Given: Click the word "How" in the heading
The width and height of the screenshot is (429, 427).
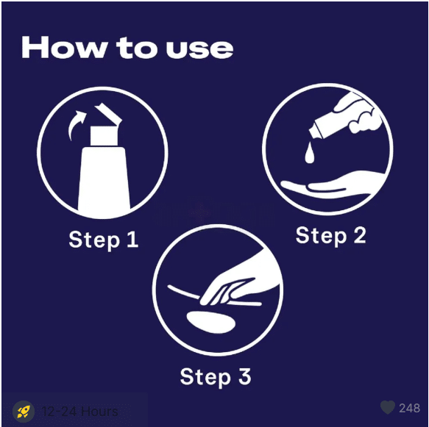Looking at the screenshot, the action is [63, 47].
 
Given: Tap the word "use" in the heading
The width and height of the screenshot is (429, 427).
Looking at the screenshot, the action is [199, 49].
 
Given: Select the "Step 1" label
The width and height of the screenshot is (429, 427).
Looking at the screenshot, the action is [104, 240].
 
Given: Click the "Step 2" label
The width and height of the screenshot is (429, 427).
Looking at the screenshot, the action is [330, 235].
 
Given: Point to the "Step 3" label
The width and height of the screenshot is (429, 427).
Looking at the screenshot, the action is [216, 376].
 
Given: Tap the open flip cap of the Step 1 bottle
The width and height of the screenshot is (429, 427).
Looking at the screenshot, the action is [108, 113].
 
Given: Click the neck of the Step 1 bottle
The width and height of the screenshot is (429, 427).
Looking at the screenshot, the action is [104, 135].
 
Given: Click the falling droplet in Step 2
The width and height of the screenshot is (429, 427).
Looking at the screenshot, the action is [310, 153].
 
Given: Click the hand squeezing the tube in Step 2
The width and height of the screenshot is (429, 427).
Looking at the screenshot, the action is [358, 112].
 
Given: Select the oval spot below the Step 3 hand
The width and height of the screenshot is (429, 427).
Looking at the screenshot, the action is [210, 322].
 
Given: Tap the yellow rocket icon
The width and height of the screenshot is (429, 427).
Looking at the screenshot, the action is [24, 411].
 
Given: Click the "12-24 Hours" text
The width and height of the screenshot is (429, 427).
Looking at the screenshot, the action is [79, 412].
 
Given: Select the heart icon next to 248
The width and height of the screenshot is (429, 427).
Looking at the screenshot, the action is [388, 407].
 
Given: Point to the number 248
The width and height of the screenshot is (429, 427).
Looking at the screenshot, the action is [409, 408].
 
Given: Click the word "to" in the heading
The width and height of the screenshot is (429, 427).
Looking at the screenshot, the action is [135, 49].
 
